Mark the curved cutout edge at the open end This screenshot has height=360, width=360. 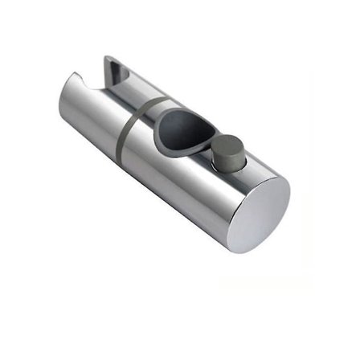(x=77, y=80)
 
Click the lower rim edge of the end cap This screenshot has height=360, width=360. (x=257, y=249)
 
